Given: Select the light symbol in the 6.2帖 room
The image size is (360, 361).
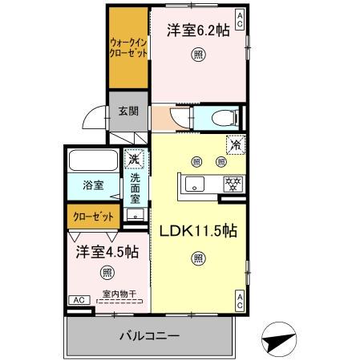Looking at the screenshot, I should (x=196, y=55).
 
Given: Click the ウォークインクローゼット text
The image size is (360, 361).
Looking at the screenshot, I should (x=127, y=49).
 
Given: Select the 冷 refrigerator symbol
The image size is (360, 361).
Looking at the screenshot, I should (x=235, y=147).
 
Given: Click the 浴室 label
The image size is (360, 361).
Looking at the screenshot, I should (x=93, y=185).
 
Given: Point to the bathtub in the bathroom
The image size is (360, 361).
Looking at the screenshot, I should (x=92, y=160).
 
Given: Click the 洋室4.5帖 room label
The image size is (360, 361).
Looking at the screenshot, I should (x=106, y=252).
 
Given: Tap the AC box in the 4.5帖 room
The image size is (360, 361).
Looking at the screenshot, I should (x=79, y=299).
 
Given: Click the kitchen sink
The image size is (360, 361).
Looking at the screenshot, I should (x=197, y=184).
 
